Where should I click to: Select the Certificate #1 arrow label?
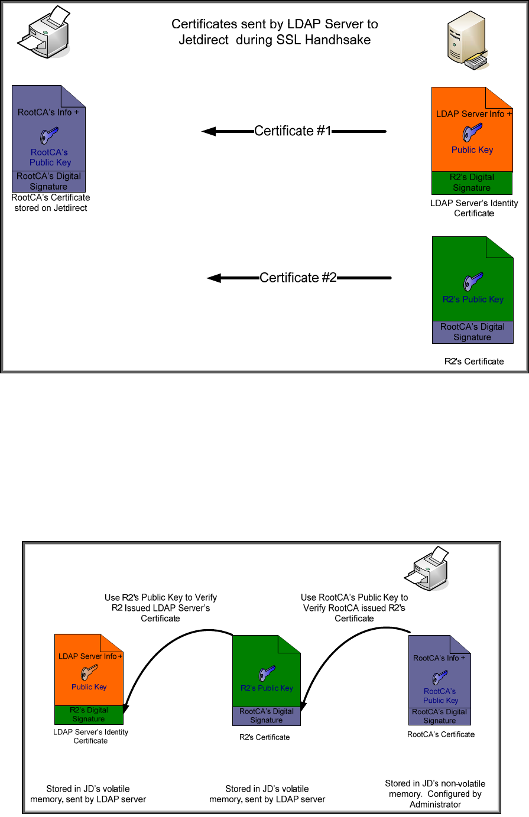pos(293,131)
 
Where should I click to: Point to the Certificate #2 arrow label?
pos(298,278)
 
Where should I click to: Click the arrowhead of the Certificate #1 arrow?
pos(208,132)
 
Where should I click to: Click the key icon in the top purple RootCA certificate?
pos(48,135)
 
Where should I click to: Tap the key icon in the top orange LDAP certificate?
pos(473,132)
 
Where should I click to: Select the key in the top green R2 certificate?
pos(472,281)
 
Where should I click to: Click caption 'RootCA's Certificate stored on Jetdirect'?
pos(51,203)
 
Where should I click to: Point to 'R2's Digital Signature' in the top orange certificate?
pos(472,183)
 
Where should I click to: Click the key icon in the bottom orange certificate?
pos(89,672)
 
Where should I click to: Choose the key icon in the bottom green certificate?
pos(266,673)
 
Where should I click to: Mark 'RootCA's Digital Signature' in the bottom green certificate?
pos(267,716)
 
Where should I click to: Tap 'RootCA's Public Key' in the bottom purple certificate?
pos(440,696)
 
